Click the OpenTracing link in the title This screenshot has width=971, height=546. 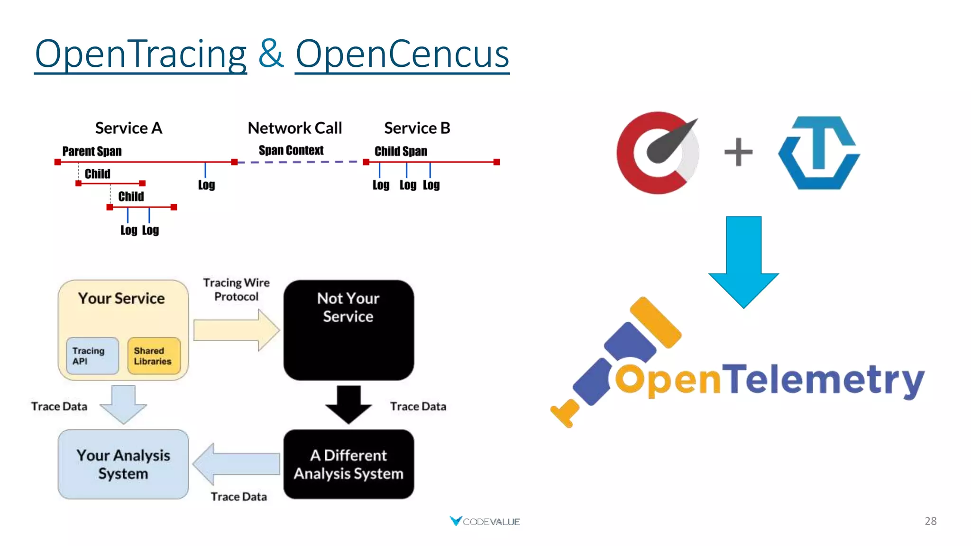[140, 55]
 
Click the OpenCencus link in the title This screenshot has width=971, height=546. [402, 55]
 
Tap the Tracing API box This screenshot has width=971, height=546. [92, 356]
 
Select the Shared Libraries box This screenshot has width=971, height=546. [154, 356]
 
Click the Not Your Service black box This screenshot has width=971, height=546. [348, 330]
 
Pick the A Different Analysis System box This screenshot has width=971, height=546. [348, 464]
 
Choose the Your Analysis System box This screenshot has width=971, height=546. [123, 464]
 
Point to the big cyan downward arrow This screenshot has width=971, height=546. [743, 261]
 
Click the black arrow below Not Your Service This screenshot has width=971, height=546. [348, 404]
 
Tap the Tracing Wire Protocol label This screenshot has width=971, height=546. [236, 290]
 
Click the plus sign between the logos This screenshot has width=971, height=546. [738, 152]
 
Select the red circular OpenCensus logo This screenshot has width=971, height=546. [657, 153]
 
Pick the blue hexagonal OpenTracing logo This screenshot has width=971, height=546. [819, 153]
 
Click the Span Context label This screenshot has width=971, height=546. [291, 151]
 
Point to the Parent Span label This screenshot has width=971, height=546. [92, 152]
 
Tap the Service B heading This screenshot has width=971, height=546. [417, 128]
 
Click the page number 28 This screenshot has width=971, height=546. [930, 521]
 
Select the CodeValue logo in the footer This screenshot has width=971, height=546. [485, 521]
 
